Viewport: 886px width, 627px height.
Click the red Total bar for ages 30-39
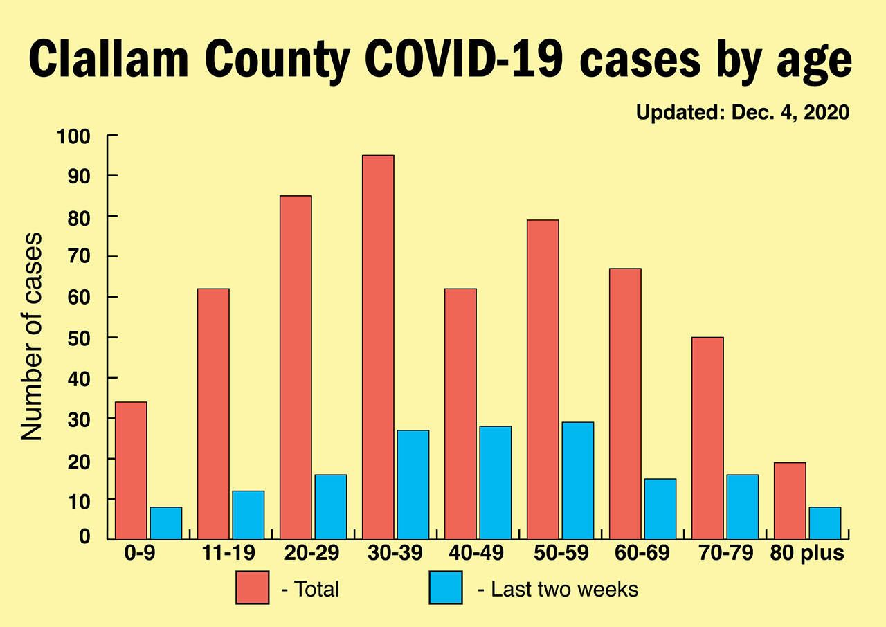pos(378,347)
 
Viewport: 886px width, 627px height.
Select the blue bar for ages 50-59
pos(577,480)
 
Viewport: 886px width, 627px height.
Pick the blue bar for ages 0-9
pos(165,523)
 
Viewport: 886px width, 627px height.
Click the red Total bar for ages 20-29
pos(296,367)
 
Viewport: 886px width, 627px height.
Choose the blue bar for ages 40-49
pos(495,482)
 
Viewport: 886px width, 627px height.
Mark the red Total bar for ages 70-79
pos(707,438)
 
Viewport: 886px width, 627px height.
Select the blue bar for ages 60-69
pos(660,509)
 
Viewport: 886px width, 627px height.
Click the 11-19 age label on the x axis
pos(230,554)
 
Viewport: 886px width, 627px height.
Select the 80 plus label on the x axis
pos(808,554)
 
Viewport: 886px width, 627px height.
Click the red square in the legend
pos(252,588)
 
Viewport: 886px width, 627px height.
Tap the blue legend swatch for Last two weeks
pos(446,588)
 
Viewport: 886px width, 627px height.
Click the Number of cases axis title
pos(31,336)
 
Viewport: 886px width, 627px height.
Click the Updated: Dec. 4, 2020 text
pos(742,113)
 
